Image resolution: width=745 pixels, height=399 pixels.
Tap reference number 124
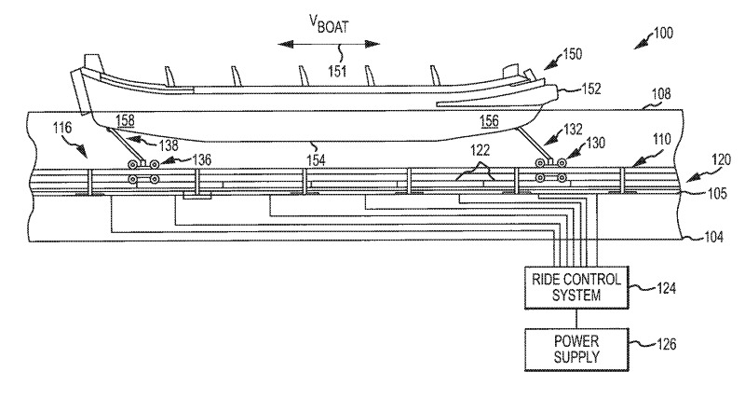(x=660, y=287)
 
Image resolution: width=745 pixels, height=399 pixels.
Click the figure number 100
(x=663, y=34)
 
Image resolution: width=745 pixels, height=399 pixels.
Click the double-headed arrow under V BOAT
(x=331, y=42)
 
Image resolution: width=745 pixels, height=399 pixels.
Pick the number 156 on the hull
(x=489, y=120)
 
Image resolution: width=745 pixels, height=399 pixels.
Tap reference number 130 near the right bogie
(x=594, y=144)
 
